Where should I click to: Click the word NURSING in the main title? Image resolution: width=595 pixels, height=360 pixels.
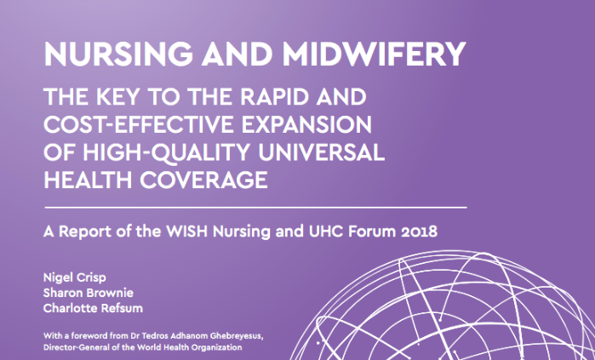[x=118, y=54]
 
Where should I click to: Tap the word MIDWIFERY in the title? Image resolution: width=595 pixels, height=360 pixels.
[x=375, y=54]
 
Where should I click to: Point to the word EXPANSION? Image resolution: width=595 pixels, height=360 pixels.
[x=306, y=124]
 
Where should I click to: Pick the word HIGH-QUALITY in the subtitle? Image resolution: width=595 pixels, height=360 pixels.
[x=166, y=153]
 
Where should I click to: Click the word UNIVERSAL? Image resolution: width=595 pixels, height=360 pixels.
[x=321, y=152]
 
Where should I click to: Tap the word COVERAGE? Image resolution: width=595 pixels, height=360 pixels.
[x=203, y=180]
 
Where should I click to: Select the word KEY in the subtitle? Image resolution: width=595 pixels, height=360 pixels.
[x=118, y=97]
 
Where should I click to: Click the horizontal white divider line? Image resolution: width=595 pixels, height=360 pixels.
[x=255, y=208]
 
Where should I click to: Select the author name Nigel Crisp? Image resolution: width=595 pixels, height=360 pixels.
[x=75, y=277]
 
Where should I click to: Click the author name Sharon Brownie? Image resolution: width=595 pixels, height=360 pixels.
[x=89, y=293]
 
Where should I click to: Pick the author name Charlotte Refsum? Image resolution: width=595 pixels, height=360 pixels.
[x=93, y=308]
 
